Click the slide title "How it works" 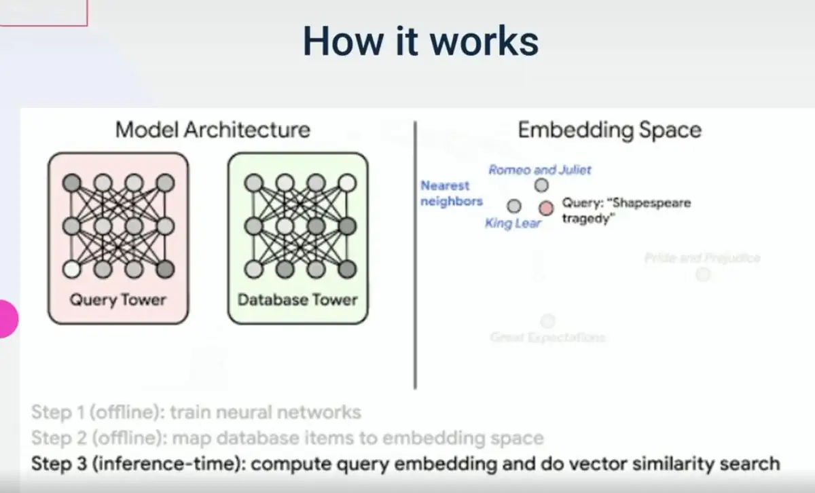tap(420, 41)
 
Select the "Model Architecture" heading tap(213, 130)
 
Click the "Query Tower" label tap(117, 299)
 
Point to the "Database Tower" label tap(297, 299)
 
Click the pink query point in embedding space tap(546, 208)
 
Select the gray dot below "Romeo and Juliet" tap(541, 185)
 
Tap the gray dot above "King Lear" tap(514, 206)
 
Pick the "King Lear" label tap(513, 223)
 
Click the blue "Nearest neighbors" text tap(451, 194)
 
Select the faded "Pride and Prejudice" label tap(702, 258)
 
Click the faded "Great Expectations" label tap(547, 337)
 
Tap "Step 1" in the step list tap(58, 412)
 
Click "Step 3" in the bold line tap(58, 464)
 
